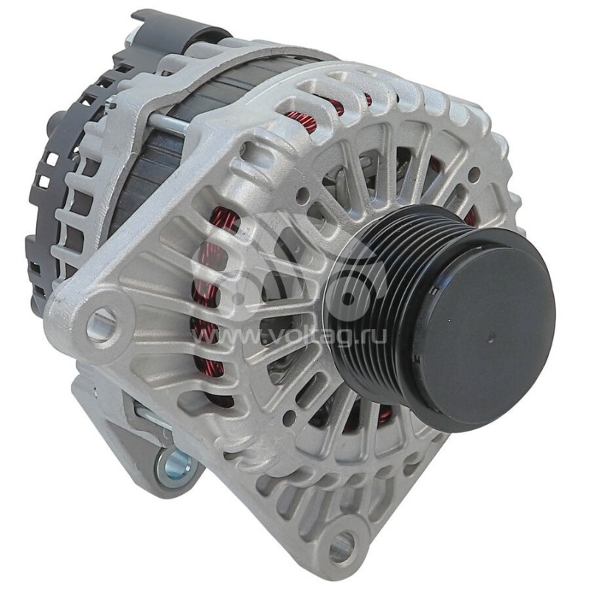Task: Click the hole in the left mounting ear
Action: click(x=102, y=325)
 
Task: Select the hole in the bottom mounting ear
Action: click(x=341, y=546)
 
